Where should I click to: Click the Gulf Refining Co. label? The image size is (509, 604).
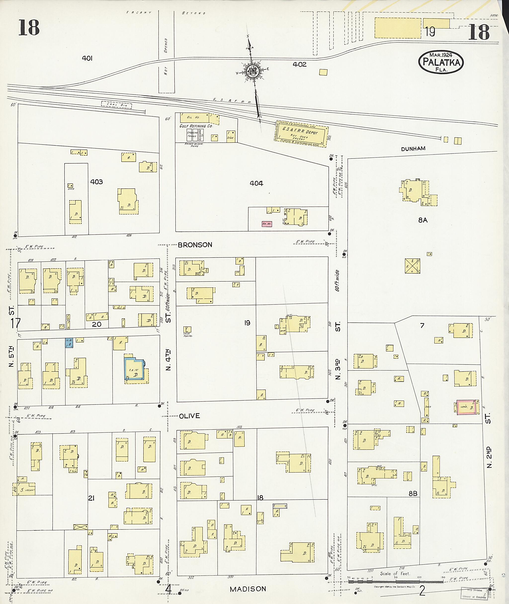pyautogui.click(x=196, y=126)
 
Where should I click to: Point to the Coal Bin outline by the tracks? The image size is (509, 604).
pyautogui.click(x=116, y=105)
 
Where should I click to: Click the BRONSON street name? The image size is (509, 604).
pyautogui.click(x=195, y=245)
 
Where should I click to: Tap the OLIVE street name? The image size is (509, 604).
pyautogui.click(x=189, y=416)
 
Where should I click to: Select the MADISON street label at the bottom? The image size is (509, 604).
pyautogui.click(x=248, y=589)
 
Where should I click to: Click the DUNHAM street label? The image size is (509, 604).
pyautogui.click(x=413, y=149)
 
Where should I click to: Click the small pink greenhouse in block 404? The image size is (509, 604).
pyautogui.click(x=267, y=224)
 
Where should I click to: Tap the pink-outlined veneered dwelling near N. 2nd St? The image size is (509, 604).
pyautogui.click(x=466, y=407)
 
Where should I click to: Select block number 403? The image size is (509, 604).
pyautogui.click(x=96, y=182)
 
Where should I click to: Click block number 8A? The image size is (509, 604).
pyautogui.click(x=423, y=220)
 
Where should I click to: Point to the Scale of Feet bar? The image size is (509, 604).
pyautogui.click(x=395, y=581)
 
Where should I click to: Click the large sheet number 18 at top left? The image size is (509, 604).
pyautogui.click(x=29, y=27)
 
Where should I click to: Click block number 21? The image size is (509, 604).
pyautogui.click(x=91, y=498)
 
